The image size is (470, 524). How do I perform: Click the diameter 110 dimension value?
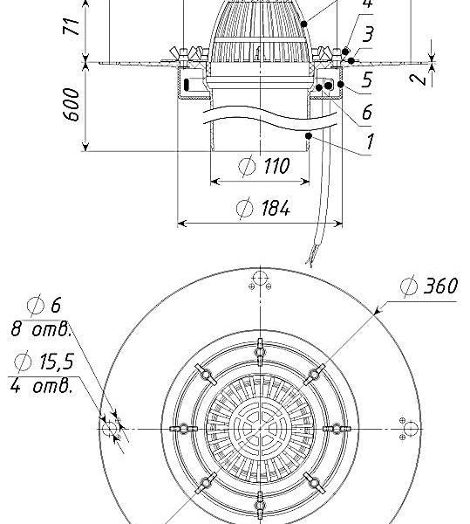point(264,166)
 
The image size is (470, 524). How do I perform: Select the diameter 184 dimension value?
point(263,208)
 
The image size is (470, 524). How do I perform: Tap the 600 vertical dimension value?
point(71,104)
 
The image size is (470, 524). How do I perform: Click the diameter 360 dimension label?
point(429,286)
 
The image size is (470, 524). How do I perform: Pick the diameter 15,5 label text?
point(44,362)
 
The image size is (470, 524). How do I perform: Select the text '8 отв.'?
point(41,329)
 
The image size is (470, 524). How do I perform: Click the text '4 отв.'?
point(41,386)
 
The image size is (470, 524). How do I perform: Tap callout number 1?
point(370,141)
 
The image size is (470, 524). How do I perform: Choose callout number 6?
point(367,112)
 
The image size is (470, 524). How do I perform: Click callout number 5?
point(367,79)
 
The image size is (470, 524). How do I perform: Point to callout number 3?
point(368,35)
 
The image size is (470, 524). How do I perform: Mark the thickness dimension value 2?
point(419,79)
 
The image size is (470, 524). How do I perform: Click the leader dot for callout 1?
point(309,135)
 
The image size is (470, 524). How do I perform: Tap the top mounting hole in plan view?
point(260,279)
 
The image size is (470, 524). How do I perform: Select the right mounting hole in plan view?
point(411,429)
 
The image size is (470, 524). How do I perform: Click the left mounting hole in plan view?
point(109,429)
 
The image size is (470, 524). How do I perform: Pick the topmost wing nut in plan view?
point(260,352)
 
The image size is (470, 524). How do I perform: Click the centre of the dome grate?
point(260,429)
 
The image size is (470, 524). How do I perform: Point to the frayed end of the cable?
point(310,260)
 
